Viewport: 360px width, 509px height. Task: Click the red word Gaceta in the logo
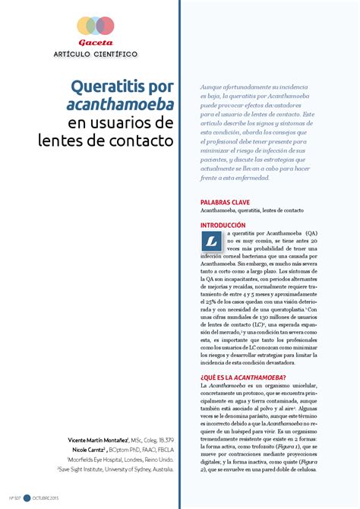click(x=95, y=43)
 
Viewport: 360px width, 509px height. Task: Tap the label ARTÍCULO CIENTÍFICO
click(x=95, y=55)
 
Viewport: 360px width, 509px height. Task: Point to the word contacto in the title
click(x=141, y=140)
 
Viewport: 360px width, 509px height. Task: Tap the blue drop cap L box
click(x=212, y=242)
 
